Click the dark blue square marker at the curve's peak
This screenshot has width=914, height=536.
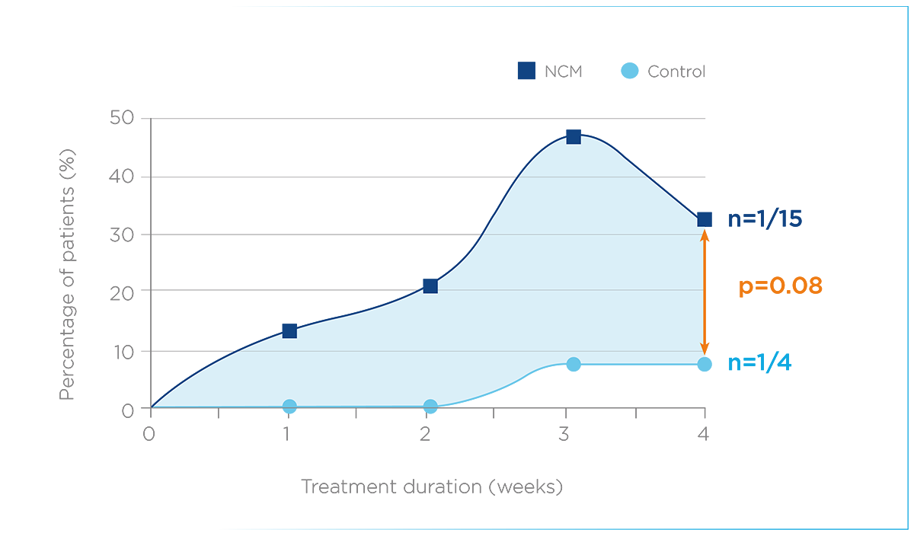574,135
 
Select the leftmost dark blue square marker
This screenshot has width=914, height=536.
289,322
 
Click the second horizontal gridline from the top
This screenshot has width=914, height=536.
594,234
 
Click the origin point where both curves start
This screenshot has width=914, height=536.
153,407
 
